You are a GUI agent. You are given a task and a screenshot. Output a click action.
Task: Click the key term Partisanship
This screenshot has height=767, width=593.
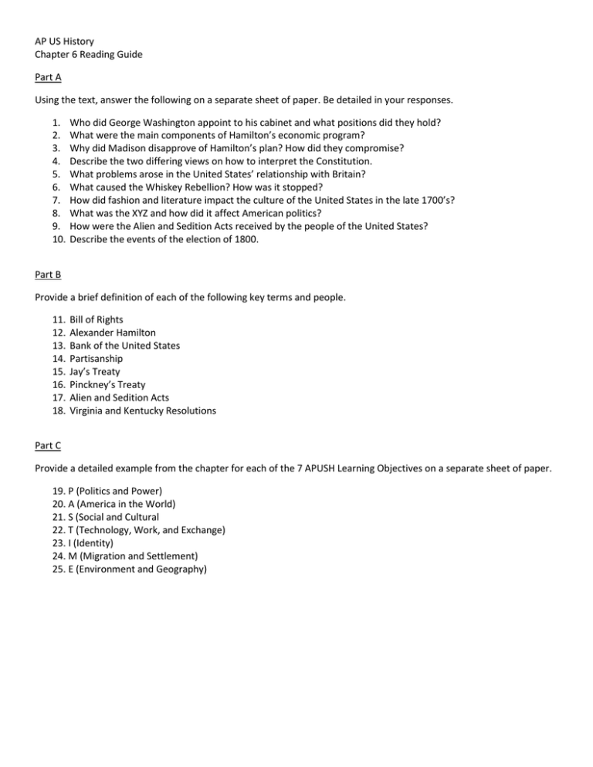tap(97, 360)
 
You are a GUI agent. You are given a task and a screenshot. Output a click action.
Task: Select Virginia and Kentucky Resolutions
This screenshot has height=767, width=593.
tap(143, 411)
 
